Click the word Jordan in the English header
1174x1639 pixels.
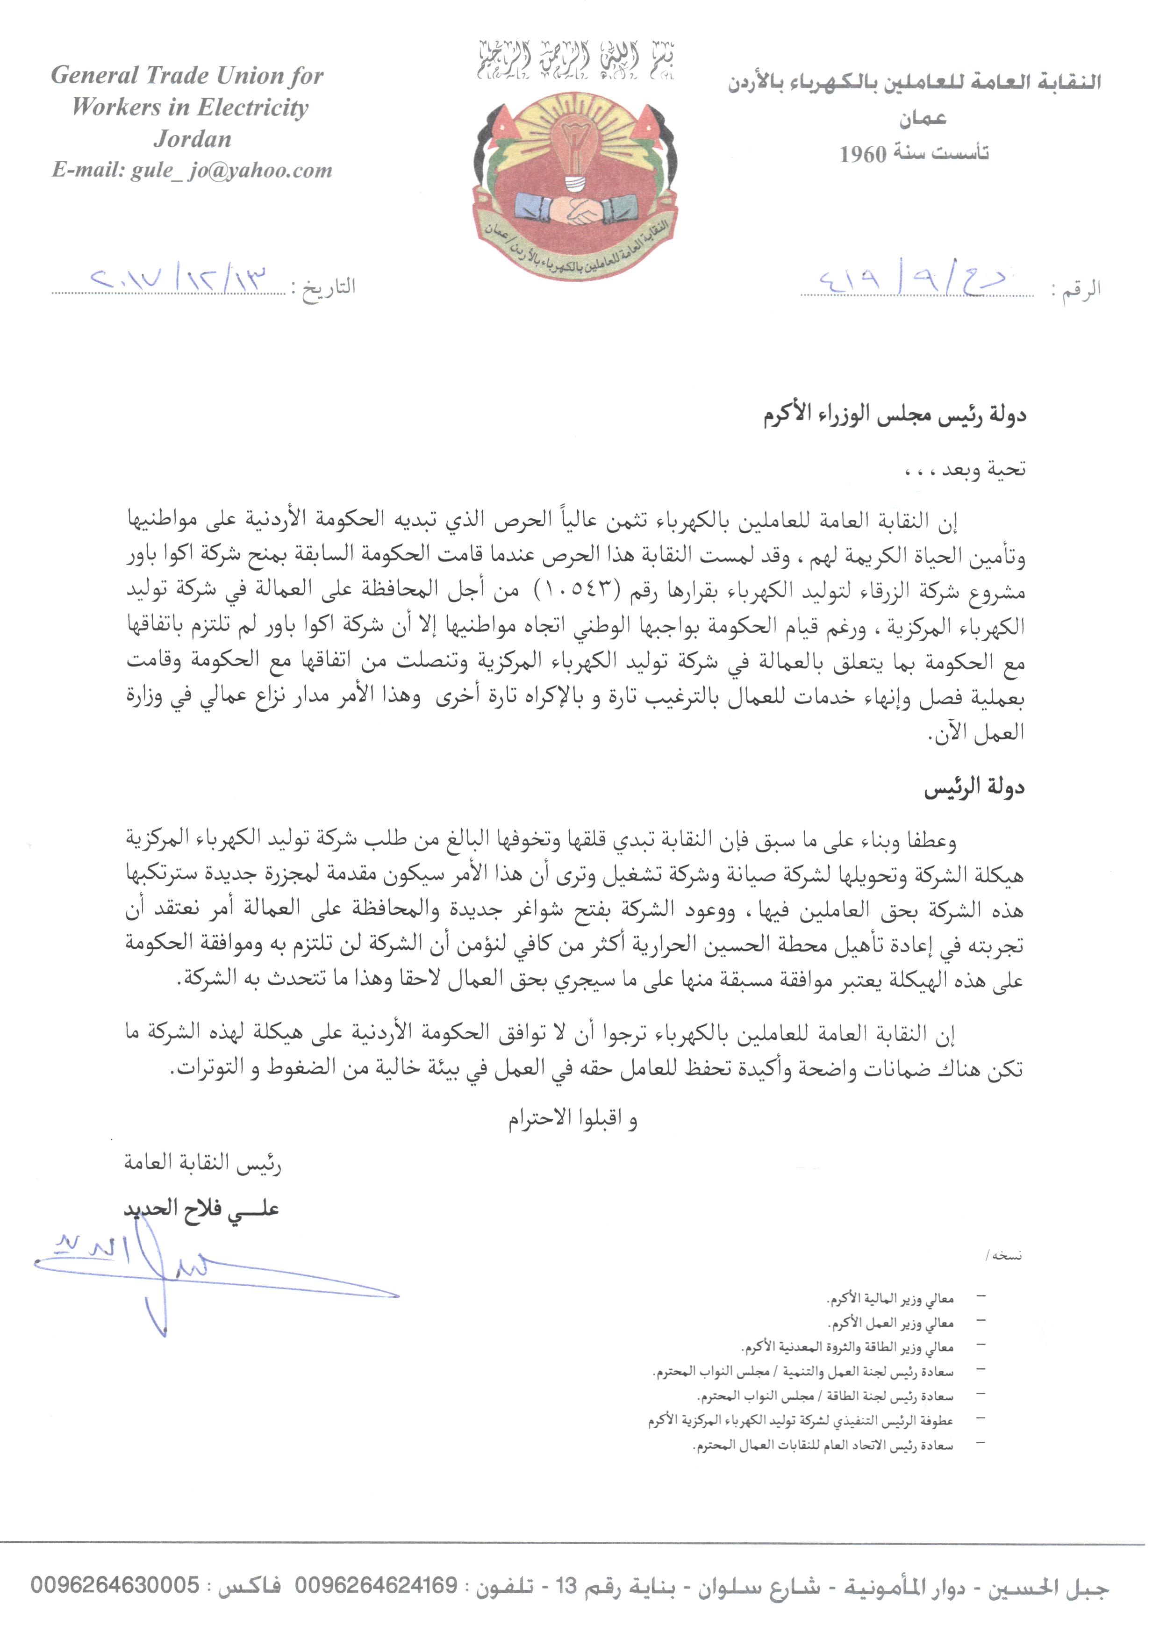point(192,139)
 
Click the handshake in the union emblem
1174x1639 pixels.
point(576,209)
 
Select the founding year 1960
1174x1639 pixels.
point(863,154)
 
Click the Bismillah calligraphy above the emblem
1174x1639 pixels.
point(576,61)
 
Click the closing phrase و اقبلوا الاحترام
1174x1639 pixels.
point(572,1119)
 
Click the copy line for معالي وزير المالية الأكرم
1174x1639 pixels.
point(890,1299)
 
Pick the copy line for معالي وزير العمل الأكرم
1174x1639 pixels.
point(892,1323)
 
